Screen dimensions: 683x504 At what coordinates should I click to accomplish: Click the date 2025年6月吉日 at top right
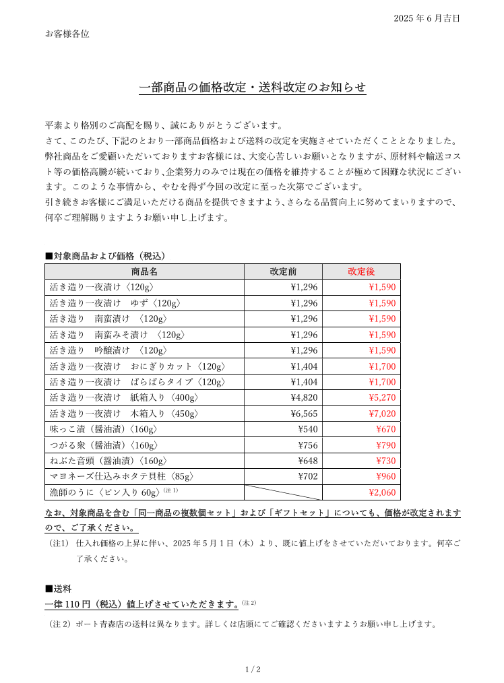(x=427, y=19)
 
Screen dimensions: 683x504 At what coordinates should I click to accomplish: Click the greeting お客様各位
(x=67, y=34)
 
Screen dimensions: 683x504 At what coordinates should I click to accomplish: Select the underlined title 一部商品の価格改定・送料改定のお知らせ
(x=252, y=88)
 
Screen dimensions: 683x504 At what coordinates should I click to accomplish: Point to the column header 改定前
(x=283, y=271)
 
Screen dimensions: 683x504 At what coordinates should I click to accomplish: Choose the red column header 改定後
(x=361, y=271)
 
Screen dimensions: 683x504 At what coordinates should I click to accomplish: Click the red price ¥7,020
(x=382, y=414)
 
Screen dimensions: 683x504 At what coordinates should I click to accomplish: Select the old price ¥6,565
(x=304, y=414)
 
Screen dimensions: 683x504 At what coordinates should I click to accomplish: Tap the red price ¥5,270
(x=382, y=398)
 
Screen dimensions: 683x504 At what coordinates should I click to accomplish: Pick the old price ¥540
(x=307, y=429)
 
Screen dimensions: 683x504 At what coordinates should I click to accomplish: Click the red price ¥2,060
(x=382, y=492)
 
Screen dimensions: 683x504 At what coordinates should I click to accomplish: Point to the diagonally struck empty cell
(x=283, y=492)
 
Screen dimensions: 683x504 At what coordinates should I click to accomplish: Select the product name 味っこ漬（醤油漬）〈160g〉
(x=104, y=429)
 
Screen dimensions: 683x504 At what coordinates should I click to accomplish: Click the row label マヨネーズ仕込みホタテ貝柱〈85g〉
(x=122, y=476)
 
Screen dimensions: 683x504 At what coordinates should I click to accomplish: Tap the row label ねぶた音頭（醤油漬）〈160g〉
(x=108, y=461)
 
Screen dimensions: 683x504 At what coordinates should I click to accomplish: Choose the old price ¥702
(x=307, y=476)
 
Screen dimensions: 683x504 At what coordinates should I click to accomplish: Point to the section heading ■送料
(x=59, y=588)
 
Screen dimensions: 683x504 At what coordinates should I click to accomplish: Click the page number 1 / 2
(x=252, y=670)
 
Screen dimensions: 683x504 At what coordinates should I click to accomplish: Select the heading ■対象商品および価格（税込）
(x=105, y=256)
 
